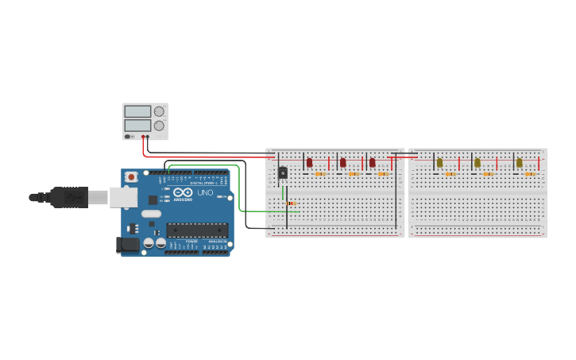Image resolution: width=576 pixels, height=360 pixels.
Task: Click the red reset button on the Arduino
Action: coord(130,176)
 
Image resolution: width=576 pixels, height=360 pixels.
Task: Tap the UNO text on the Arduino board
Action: coord(205,192)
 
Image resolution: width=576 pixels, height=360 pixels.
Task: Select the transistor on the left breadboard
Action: coord(282,172)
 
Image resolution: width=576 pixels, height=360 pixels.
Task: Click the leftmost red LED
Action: coord(309,162)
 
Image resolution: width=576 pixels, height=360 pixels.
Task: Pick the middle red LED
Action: coord(343,162)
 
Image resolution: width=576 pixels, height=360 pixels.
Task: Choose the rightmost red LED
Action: coord(372,162)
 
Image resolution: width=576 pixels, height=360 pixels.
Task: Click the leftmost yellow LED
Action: coord(439,162)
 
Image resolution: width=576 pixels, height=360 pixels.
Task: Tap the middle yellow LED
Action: coord(477,162)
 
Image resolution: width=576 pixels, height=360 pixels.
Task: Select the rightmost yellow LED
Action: coord(520,162)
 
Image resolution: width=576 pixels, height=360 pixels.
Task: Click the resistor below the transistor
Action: coord(292,203)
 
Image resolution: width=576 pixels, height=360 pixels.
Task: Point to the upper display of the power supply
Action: coord(137,112)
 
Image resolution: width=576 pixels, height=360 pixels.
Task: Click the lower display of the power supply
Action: coord(137,126)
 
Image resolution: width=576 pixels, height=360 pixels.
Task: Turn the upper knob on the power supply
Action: coord(159,112)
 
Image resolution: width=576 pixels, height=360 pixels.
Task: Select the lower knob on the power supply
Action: coord(159,126)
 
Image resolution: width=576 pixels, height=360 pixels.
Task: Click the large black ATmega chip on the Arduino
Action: coord(197,230)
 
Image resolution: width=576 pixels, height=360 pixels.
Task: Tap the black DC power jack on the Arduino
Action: coord(126,246)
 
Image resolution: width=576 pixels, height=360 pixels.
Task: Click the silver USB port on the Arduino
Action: coord(123,197)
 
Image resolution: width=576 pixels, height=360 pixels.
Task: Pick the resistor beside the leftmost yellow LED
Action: coord(450,174)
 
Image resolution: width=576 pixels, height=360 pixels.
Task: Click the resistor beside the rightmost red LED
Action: coord(383,174)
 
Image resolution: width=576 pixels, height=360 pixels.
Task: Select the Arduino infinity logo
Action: coord(183,192)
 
